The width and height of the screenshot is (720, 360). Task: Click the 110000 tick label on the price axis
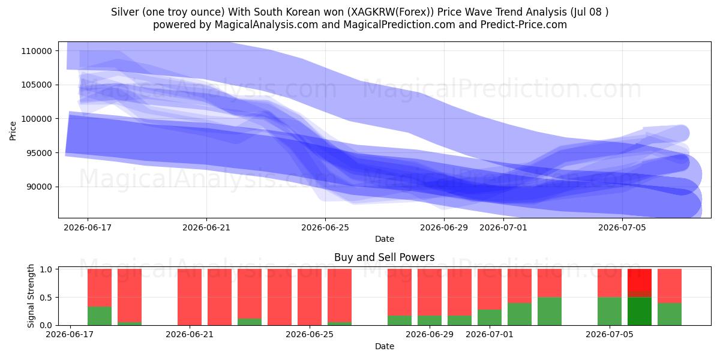coord(37,51)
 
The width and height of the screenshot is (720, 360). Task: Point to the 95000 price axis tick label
coord(38,153)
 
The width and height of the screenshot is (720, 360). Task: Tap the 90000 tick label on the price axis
coord(38,187)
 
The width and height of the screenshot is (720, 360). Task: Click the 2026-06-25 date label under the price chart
coord(325,227)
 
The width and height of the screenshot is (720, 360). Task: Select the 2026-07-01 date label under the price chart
coord(503,227)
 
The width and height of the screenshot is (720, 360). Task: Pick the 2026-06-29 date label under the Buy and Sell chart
coord(430,334)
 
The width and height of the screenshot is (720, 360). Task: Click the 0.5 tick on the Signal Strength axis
coord(46,298)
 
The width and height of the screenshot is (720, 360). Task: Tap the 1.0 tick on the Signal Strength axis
coord(46,269)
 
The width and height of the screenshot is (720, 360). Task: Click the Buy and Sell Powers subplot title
coord(385,257)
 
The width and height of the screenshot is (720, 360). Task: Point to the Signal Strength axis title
coord(31,296)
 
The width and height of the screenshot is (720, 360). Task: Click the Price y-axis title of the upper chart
coord(13,131)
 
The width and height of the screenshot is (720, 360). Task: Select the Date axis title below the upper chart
coord(385,239)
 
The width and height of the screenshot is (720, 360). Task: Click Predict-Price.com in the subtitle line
coord(524,25)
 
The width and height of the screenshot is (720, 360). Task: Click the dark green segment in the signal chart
coord(640,311)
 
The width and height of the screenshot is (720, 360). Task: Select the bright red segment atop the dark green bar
coord(640,280)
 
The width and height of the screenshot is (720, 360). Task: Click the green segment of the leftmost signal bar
coord(100,316)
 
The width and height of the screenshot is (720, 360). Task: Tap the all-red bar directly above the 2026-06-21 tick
coord(190,297)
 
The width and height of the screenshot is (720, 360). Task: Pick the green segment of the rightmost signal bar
coord(670,314)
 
